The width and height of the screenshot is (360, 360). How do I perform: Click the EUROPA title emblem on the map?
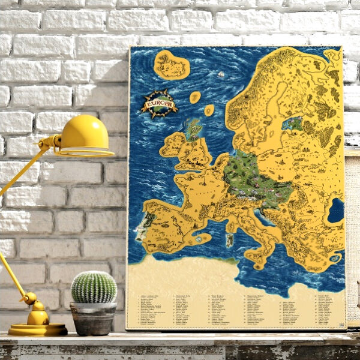(x=159, y=103)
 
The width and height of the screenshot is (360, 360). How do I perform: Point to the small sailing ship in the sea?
(x=221, y=74)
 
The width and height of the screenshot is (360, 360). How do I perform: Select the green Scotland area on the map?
(x=193, y=128)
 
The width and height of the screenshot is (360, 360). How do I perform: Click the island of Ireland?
(x=171, y=145)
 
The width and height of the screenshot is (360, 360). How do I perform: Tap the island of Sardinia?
(x=229, y=240)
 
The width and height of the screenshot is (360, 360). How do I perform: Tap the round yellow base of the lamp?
(x=38, y=329)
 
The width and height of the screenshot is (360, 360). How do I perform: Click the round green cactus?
(x=94, y=287)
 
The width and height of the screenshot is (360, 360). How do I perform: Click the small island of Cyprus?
(x=335, y=260)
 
